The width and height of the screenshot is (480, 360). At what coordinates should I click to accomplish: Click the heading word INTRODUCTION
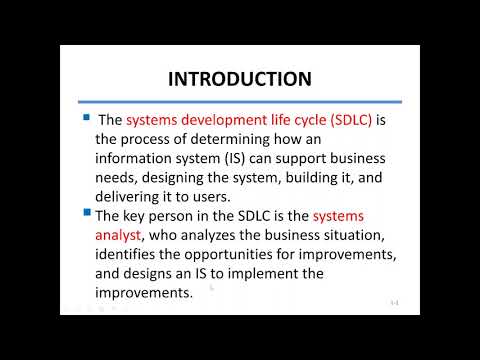point(239,78)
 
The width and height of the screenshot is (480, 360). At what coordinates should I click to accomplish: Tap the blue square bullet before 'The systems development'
point(86,118)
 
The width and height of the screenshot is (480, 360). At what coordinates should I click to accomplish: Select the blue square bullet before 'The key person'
point(86,213)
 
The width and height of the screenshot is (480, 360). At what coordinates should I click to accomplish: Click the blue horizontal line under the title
point(239,100)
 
